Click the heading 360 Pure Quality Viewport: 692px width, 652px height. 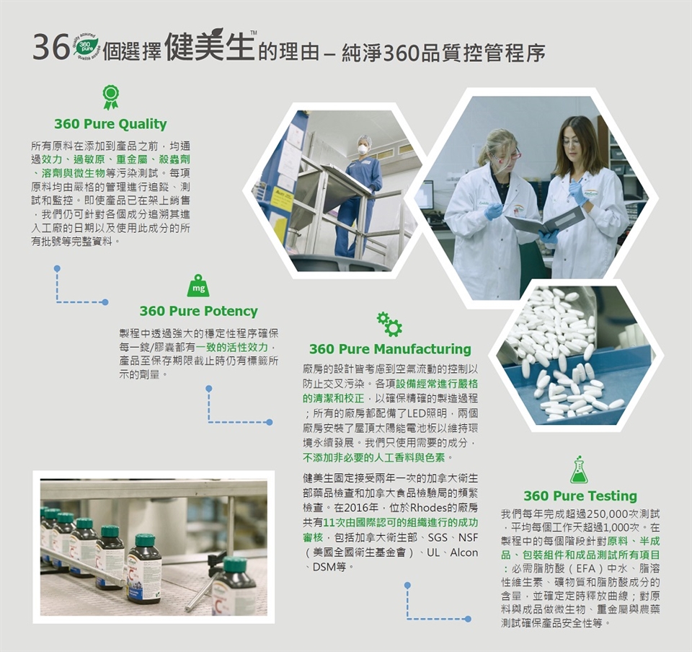(110, 124)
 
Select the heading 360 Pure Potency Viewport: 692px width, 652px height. (199, 311)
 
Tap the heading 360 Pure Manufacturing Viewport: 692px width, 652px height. (390, 349)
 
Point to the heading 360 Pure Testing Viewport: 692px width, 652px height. (580, 496)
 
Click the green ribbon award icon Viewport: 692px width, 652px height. (111, 97)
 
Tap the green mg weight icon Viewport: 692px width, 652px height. (199, 286)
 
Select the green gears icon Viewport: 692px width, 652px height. (389, 325)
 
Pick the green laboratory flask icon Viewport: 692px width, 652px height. (579, 470)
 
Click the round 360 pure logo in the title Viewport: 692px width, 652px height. (85, 46)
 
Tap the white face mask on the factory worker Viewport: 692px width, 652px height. (363, 149)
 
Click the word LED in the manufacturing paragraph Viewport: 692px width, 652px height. (416, 413)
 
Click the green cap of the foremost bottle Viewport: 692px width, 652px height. (235, 563)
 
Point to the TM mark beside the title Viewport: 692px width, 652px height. (253, 32)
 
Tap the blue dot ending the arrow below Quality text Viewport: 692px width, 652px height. (105, 302)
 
